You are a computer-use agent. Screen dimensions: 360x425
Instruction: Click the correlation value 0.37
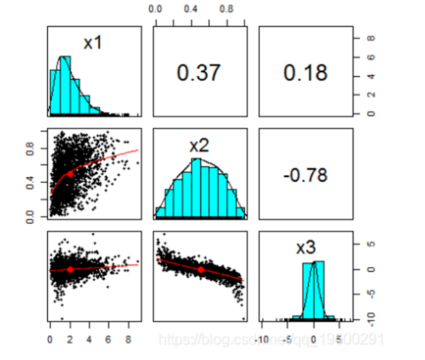pos(199,72)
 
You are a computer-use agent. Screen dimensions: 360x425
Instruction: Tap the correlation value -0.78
pos(305,175)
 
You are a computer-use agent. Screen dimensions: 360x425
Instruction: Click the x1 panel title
pos(93,43)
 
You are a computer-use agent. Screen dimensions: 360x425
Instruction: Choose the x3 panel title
pos(305,247)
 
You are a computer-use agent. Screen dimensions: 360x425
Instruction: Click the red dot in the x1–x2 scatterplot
pos(70,173)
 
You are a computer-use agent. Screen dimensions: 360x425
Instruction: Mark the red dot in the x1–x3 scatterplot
pos(70,270)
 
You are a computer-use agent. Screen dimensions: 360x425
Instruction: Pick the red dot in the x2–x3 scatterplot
pos(200,270)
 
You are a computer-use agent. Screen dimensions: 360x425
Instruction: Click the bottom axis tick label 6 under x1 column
pos(108,339)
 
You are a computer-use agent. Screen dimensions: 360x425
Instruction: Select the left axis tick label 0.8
pos(30,149)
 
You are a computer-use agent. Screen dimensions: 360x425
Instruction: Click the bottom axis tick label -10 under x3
pos(263,339)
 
